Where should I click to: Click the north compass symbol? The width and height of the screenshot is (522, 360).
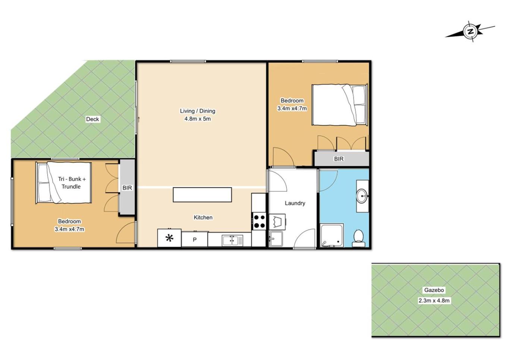coord(470,31)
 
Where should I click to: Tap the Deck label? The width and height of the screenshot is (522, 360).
coord(92,119)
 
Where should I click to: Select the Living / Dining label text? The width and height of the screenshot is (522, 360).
coord(198,111)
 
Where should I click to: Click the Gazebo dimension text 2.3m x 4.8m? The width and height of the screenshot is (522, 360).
coord(434,301)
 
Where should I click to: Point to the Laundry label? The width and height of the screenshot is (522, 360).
coord(295,203)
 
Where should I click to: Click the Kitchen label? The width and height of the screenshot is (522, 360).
coord(203,218)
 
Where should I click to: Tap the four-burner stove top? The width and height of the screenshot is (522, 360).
coord(259,221)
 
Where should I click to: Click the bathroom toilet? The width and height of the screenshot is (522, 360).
coord(358,238)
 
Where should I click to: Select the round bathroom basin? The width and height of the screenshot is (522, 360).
coord(362,196)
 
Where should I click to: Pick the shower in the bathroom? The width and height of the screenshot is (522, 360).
coord(331,235)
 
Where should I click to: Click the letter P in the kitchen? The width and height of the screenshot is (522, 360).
coord(195,240)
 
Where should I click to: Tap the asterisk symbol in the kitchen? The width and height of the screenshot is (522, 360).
coord(169,238)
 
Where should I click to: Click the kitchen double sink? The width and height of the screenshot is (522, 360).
coord(232,240)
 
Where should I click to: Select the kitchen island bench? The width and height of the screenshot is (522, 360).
coord(202,195)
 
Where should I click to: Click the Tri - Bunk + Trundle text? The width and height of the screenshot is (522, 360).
coord(72,183)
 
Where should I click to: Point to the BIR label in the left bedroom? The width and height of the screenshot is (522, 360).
coord(127,188)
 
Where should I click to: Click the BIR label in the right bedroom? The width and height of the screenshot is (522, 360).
coord(339,159)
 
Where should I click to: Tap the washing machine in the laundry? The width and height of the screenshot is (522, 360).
coord(277,222)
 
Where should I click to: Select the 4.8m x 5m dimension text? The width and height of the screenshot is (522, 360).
coord(198,119)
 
